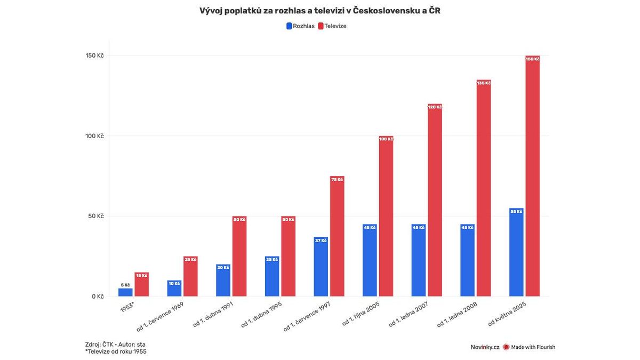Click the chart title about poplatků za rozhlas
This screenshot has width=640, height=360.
tap(320, 11)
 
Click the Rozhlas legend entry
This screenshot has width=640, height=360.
tap(301, 26)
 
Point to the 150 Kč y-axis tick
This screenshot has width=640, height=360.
tap(94, 56)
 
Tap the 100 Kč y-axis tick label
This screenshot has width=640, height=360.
tap(94, 136)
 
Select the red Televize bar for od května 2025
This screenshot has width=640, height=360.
tap(532, 176)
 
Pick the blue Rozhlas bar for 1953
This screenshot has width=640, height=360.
tap(125, 292)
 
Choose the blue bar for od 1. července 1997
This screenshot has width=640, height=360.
tap(321, 267)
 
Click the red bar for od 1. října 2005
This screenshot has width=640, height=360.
tap(386, 216)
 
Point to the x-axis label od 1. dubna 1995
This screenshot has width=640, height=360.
tap(262, 315)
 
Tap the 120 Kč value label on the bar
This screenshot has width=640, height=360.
tap(435, 107)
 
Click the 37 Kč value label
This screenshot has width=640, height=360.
tap(321, 241)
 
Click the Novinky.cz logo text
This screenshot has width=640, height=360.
tap(484, 347)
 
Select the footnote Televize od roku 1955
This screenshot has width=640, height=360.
tap(116, 351)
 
